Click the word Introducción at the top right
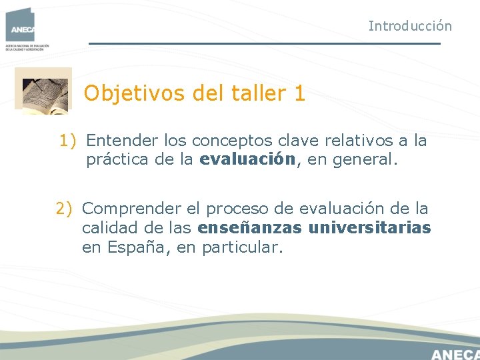point(410,26)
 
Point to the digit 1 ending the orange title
point(299,93)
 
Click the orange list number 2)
point(66,209)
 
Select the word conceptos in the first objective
point(233,141)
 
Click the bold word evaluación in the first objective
point(247,159)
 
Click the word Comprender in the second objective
point(131,209)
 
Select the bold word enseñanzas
point(250,228)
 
